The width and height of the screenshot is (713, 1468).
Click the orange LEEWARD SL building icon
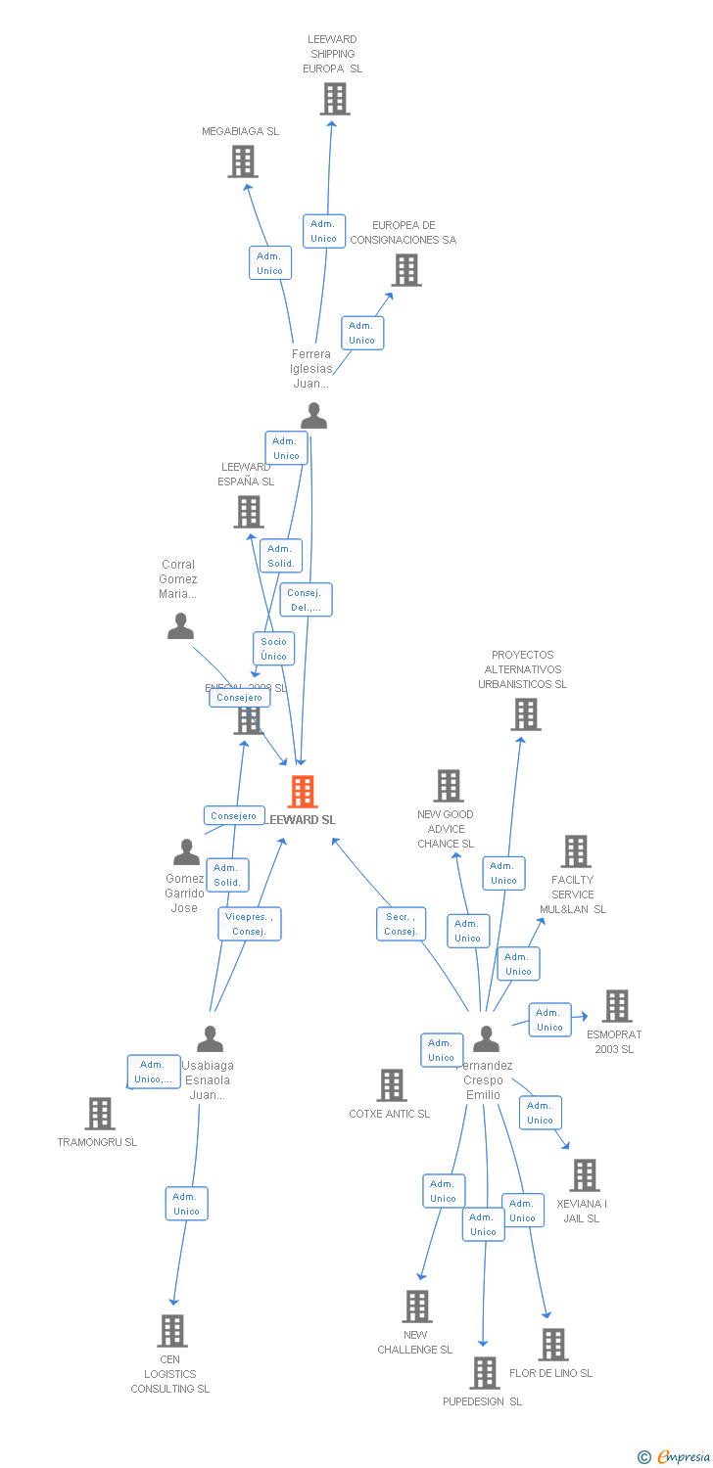coord(303,792)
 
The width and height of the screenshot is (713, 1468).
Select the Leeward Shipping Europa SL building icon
coord(335,99)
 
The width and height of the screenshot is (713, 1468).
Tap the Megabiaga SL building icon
coord(243,161)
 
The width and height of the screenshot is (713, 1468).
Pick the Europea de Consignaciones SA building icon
coord(406,270)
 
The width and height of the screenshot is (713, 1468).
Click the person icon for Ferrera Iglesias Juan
coord(313,416)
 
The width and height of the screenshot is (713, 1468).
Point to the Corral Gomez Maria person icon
coord(180,626)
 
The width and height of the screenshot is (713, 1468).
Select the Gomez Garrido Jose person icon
coord(186,852)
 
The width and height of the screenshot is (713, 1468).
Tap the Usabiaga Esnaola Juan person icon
coord(210,1038)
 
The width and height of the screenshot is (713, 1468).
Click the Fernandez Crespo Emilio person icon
coord(486,1038)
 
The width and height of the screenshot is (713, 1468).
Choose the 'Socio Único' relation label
coord(274,649)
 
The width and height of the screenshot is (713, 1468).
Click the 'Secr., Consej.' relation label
coord(401,924)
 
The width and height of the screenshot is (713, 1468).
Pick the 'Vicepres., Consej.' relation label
coord(250,924)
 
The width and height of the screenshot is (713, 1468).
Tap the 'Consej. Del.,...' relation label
coord(307,600)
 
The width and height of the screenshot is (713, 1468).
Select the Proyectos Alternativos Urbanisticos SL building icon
coord(526,714)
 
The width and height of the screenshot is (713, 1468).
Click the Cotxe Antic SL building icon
coord(392,1084)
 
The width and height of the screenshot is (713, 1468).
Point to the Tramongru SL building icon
coord(100,1114)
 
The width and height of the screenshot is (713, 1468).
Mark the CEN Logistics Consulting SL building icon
coord(172,1331)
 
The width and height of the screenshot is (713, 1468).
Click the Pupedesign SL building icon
coord(484,1373)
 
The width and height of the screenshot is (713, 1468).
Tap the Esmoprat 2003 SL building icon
coord(617,1006)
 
